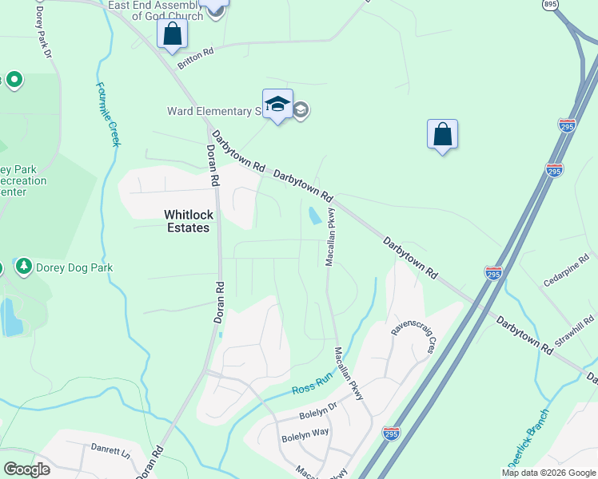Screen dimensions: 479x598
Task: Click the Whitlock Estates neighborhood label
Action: [x=186, y=220]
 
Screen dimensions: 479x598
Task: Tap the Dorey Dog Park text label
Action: [x=74, y=267]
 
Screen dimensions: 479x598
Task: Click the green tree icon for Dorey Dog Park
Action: [x=23, y=267]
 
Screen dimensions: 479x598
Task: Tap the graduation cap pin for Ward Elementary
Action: [x=277, y=105]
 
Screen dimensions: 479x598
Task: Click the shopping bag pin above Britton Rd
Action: [x=172, y=34]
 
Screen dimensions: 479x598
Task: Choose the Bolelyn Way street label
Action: [x=304, y=436]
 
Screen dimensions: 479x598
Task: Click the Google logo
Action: [x=26, y=469]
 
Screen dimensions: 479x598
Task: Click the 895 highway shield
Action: [x=550, y=5]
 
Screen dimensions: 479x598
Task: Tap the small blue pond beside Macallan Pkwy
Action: [x=314, y=215]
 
